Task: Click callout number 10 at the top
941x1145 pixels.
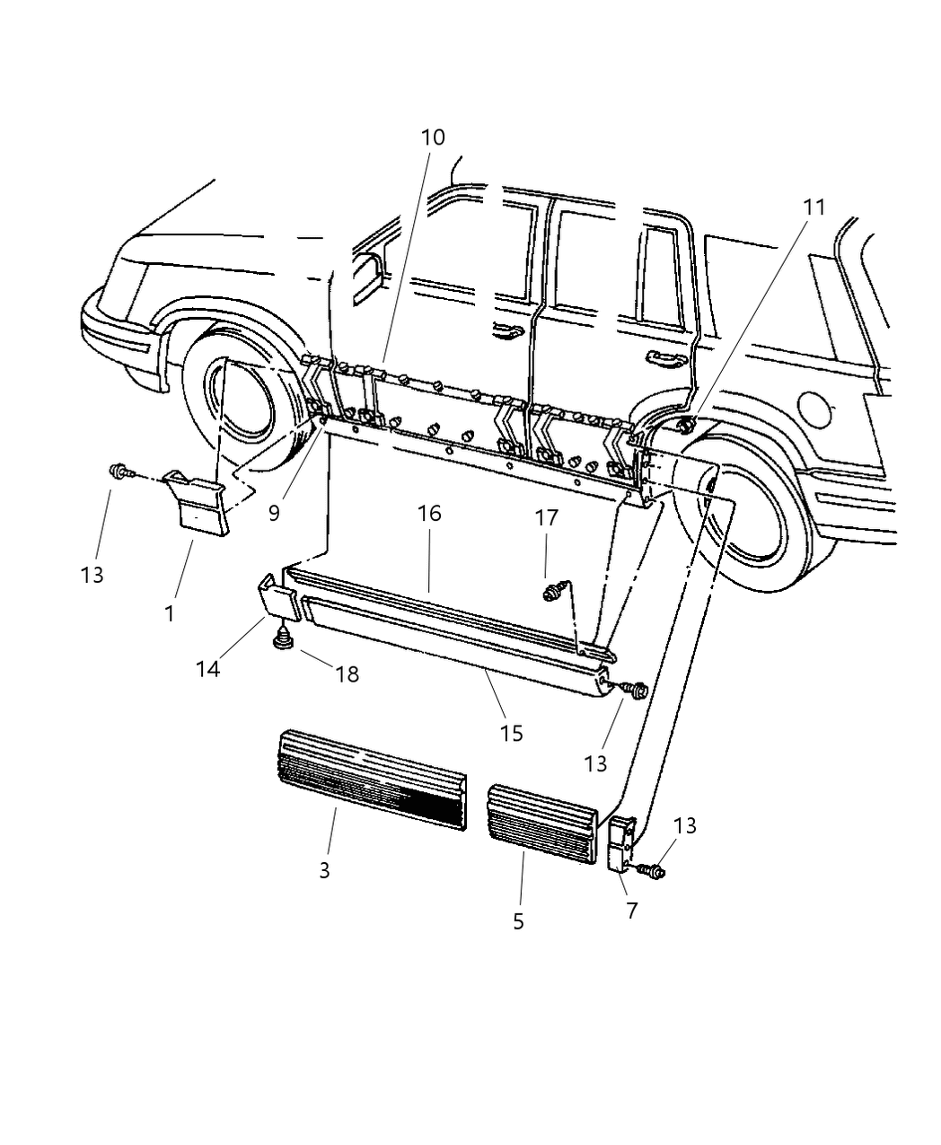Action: click(x=432, y=137)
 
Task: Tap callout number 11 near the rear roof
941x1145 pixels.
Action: click(x=813, y=207)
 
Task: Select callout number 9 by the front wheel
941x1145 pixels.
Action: click(x=274, y=513)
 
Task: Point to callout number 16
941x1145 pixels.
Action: click(x=429, y=513)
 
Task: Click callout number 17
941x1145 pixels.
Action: click(x=546, y=518)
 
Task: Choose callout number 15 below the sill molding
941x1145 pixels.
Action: click(x=511, y=733)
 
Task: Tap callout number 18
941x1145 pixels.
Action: click(x=347, y=674)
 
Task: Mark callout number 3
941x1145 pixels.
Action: click(x=324, y=869)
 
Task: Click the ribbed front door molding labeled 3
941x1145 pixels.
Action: click(x=373, y=779)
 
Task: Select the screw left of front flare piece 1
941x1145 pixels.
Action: click(x=119, y=470)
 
